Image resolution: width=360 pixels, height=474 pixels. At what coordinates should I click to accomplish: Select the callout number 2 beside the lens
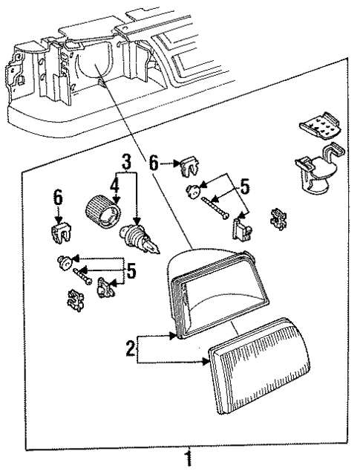click(x=131, y=348)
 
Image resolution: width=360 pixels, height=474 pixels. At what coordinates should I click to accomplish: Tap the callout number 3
click(x=126, y=160)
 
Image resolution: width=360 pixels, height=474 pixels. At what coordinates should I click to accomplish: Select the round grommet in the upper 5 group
click(x=193, y=190)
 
